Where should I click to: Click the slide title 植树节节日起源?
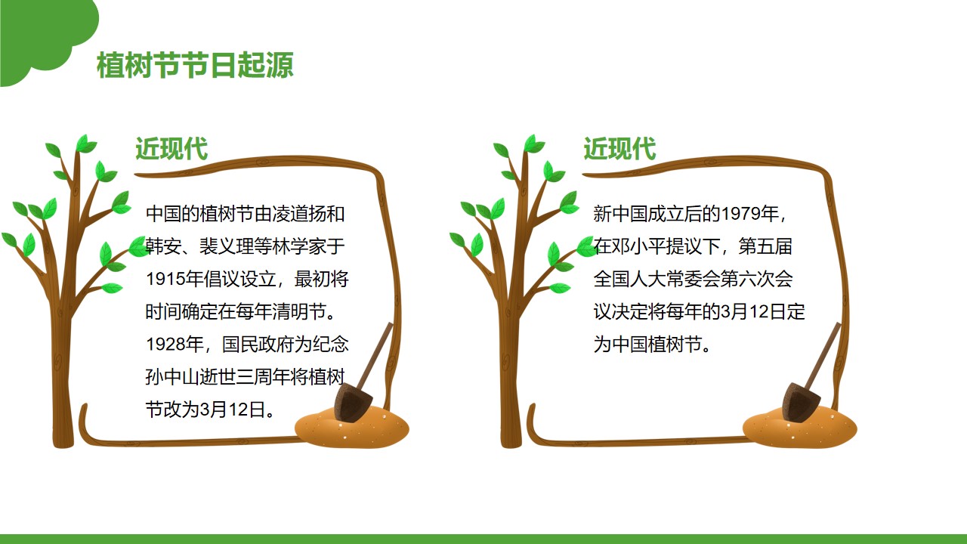click(195, 65)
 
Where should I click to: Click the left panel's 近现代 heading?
click(171, 149)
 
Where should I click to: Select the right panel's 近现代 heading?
click(619, 149)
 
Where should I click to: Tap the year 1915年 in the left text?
click(175, 279)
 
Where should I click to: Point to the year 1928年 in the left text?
click(175, 344)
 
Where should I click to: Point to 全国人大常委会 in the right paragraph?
click(657, 279)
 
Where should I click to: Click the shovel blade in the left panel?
click(352, 402)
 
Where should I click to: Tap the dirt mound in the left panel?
click(352, 428)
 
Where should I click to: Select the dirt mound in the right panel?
click(800, 428)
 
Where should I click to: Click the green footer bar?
click(483, 539)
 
